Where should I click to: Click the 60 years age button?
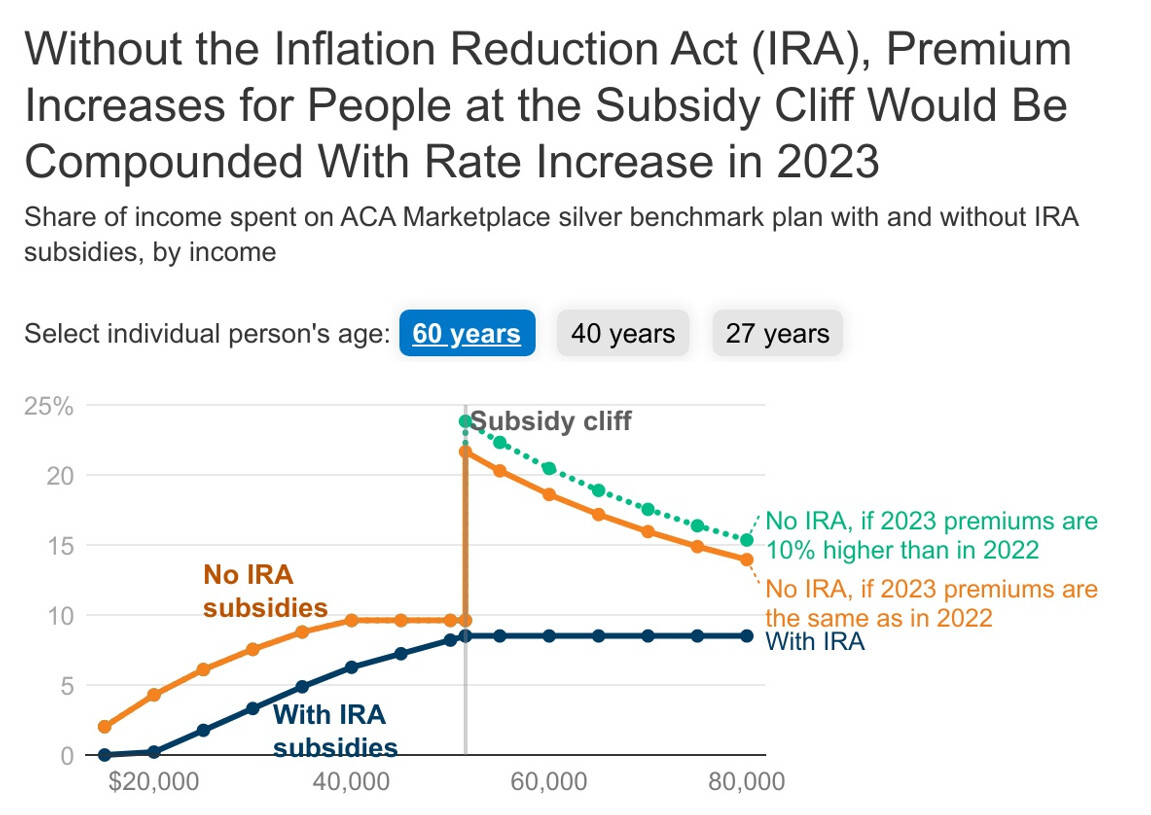click(467, 333)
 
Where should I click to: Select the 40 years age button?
click(623, 333)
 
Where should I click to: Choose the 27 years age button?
click(777, 333)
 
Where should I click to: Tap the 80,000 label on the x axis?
click(746, 781)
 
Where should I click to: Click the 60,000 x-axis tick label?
click(548, 781)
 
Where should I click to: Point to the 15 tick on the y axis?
click(61, 546)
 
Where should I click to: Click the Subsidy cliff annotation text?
click(551, 421)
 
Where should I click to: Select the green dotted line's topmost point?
click(466, 421)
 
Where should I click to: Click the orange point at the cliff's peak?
click(466, 452)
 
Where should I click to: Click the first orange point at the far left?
click(105, 727)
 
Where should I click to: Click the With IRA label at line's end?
click(815, 642)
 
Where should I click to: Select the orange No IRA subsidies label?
click(265, 591)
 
